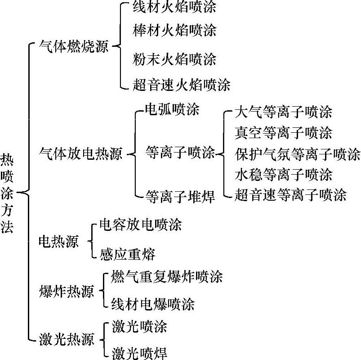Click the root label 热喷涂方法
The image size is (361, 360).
pyautogui.click(x=7, y=193)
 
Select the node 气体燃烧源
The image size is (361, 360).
pyautogui.click(x=74, y=46)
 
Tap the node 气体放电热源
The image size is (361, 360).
pyautogui.click(x=81, y=155)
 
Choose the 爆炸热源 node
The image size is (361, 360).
pyautogui.click(x=67, y=292)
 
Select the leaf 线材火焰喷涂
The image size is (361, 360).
pyautogui.click(x=174, y=8)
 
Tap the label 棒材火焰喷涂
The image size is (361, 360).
pyautogui.click(x=174, y=30)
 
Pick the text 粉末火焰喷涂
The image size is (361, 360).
pyautogui.click(x=174, y=59)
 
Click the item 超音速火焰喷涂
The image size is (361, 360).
pyautogui.click(x=181, y=85)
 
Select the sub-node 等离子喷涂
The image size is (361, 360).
pyautogui.click(x=180, y=153)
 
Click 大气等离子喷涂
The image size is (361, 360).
pyautogui.click(x=283, y=112)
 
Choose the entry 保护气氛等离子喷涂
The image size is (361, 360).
pyautogui.click(x=298, y=154)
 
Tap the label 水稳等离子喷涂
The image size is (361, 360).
pyautogui.click(x=283, y=174)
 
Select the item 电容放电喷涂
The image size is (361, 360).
pyautogui.click(x=140, y=225)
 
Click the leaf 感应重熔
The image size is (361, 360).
pyautogui.click(x=127, y=254)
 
